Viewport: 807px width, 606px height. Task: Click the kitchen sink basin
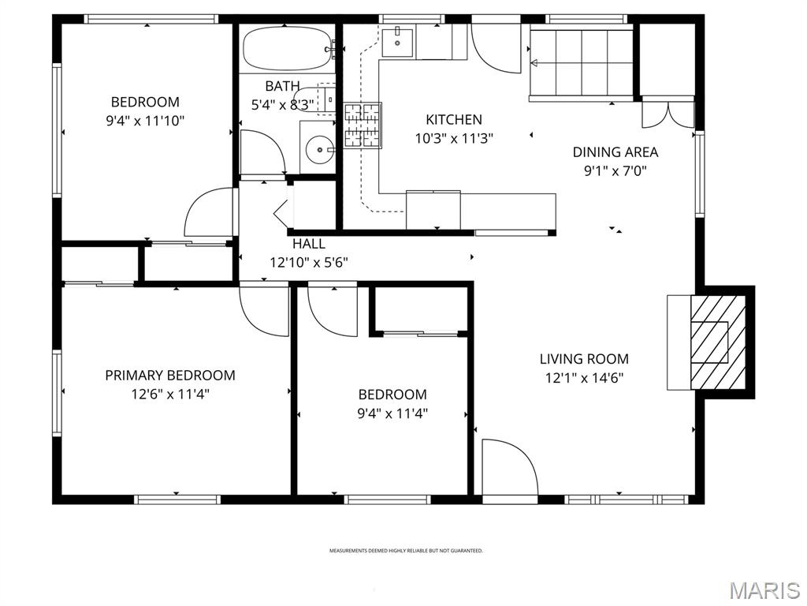pos(398,41)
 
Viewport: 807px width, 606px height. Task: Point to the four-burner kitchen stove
pos(363,126)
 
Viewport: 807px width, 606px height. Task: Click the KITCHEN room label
pos(453,120)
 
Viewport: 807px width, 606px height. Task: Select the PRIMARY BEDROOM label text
pos(170,376)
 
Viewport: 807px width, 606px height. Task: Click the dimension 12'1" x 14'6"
pos(584,378)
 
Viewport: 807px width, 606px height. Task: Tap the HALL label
pos(308,245)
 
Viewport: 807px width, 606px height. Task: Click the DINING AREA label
pos(615,152)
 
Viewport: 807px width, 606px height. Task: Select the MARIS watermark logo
pos(764,589)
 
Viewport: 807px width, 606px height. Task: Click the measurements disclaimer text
pos(406,551)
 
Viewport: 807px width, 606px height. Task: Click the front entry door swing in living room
pos(508,469)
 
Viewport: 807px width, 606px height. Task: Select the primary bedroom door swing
pos(264,310)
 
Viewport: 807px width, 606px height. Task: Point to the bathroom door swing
pos(262,154)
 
